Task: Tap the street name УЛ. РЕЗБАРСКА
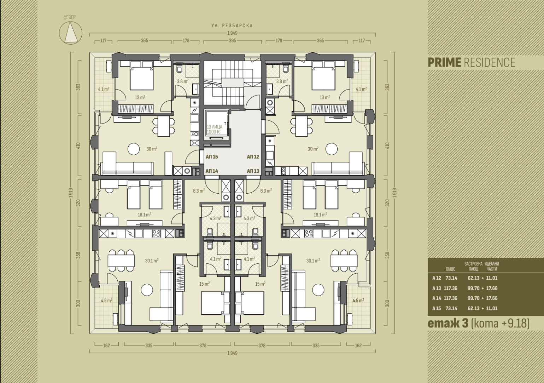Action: [232, 25]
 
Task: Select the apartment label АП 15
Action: [212, 157]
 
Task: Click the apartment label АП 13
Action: [253, 171]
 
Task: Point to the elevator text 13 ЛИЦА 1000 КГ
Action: [215, 130]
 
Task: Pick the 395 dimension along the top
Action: [233, 41]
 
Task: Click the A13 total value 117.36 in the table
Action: [450, 288]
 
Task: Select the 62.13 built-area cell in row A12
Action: [474, 278]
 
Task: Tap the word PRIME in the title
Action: [444, 63]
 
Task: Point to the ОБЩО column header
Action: [450, 269]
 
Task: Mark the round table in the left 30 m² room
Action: [134, 149]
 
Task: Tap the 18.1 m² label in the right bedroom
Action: [320, 215]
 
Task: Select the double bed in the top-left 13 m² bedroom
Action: [142, 75]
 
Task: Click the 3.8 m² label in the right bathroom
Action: [282, 81]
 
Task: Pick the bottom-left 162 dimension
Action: [107, 345]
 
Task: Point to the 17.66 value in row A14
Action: [492, 298]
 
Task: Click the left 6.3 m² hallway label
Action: [199, 191]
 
